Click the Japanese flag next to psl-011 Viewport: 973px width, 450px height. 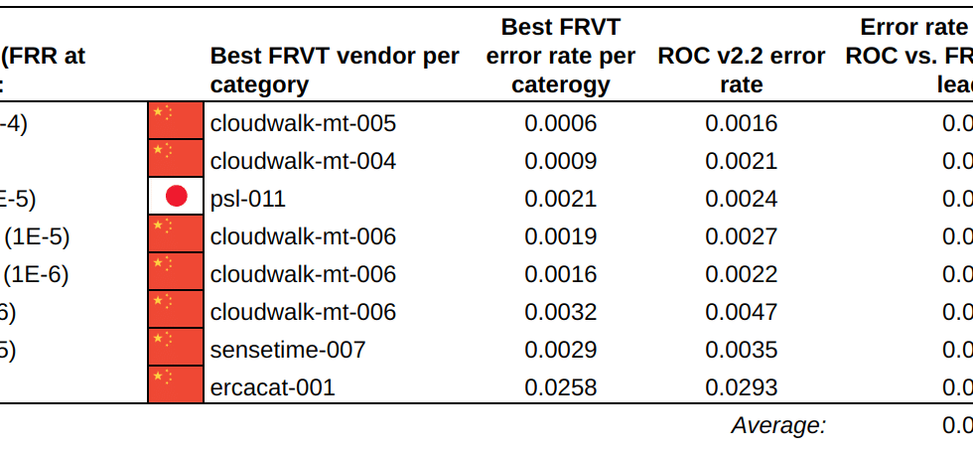pyautogui.click(x=176, y=198)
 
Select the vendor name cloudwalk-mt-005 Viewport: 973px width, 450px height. pyautogui.click(x=303, y=123)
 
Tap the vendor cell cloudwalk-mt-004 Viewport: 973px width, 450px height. pyautogui.click(x=303, y=161)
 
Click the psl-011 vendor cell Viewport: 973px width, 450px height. pyautogui.click(x=248, y=199)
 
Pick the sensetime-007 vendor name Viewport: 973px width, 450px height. pyautogui.click(x=288, y=350)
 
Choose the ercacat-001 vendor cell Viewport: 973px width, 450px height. pyautogui.click(x=273, y=387)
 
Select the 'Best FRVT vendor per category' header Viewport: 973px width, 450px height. pyautogui.click(x=335, y=70)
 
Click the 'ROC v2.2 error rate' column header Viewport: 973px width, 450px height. pyautogui.click(x=741, y=70)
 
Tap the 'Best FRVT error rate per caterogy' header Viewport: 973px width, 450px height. pyautogui.click(x=560, y=56)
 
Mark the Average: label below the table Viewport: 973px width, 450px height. pyautogui.click(x=778, y=426)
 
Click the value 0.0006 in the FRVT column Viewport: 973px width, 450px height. pyautogui.click(x=561, y=123)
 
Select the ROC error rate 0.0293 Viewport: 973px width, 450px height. pyautogui.click(x=741, y=387)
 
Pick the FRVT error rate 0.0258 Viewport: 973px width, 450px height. pyautogui.click(x=561, y=387)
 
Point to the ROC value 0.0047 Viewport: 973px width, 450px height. pyautogui.click(x=741, y=312)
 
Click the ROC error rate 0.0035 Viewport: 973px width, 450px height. pyautogui.click(x=741, y=350)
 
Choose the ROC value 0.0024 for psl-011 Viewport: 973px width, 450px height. pyautogui.click(x=741, y=199)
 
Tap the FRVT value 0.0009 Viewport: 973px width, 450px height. pyautogui.click(x=561, y=161)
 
